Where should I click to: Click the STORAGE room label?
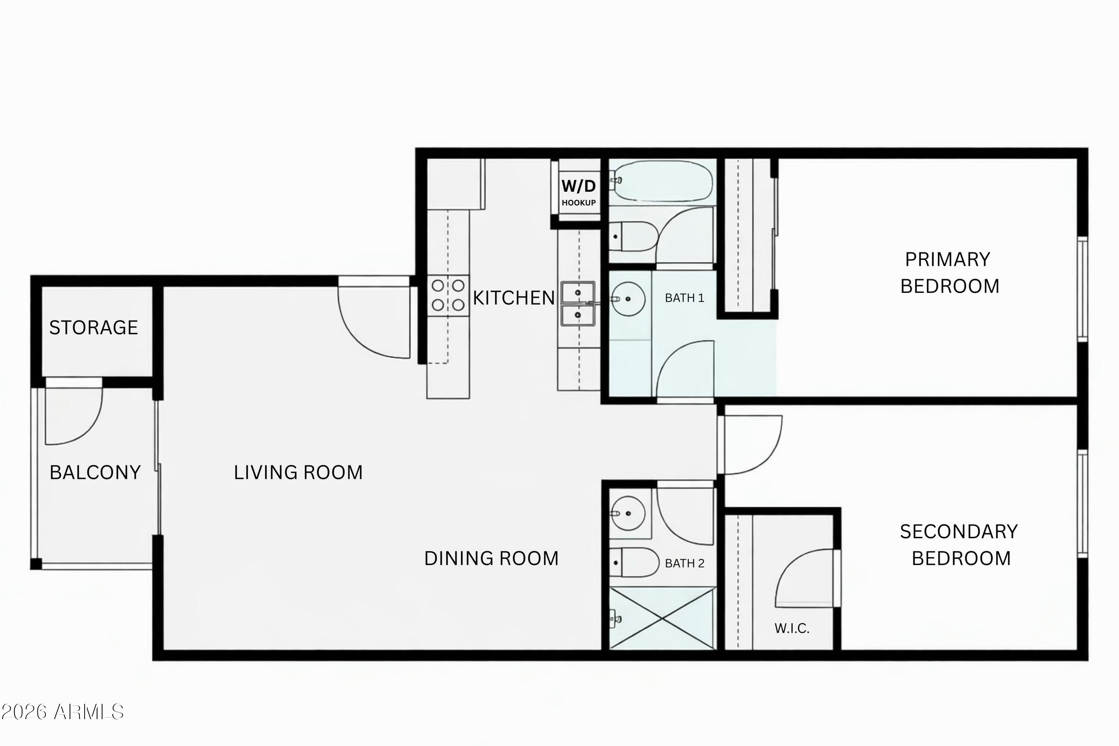pos(94,327)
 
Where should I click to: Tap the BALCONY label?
pos(95,473)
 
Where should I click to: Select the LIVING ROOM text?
pos(298,473)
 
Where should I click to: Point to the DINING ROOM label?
pos(491,558)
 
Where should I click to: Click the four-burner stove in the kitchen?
pos(448,295)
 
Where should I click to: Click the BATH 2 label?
pos(684,563)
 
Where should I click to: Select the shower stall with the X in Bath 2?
pos(663,618)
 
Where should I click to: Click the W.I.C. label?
pos(792,629)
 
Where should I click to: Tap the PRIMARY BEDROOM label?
pos(949,273)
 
